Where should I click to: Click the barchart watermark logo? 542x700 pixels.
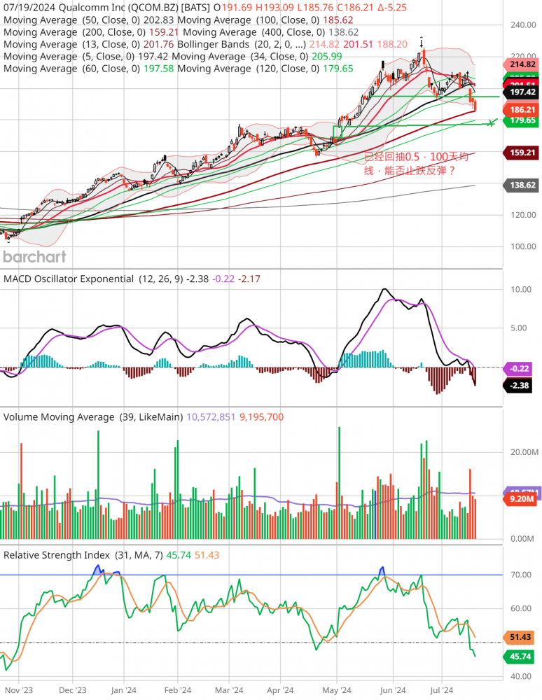34,256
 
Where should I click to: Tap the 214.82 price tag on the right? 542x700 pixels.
522,64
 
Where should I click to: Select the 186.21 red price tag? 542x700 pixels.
522,110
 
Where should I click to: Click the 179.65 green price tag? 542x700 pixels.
522,120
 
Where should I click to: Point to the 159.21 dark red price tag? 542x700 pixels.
522,152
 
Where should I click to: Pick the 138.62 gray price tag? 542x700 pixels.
522,185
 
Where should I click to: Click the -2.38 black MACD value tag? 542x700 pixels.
522,384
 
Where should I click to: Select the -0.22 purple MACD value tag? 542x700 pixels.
522,367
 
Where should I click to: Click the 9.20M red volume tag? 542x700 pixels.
522,498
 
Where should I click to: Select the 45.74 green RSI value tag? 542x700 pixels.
522,656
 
